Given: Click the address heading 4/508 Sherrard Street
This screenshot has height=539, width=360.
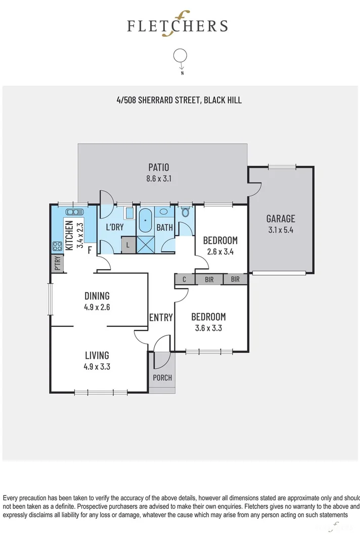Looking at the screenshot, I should pyautogui.click(x=179, y=100).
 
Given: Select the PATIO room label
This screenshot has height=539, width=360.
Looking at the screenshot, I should pyautogui.click(x=158, y=167).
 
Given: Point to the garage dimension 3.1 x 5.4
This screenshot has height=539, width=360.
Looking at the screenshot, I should pyautogui.click(x=281, y=229).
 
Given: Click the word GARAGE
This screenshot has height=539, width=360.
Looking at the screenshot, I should pyautogui.click(x=281, y=219).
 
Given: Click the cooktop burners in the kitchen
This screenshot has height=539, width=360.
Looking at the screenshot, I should pyautogui.click(x=56, y=247).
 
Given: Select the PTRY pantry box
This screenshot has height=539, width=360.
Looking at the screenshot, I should pyautogui.click(x=56, y=264).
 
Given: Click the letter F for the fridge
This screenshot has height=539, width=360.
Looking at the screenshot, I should pyautogui.click(x=90, y=250).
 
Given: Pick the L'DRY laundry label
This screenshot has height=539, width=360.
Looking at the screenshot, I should pyautogui.click(x=114, y=227).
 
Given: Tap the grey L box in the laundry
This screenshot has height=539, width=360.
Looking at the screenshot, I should pyautogui.click(x=128, y=246).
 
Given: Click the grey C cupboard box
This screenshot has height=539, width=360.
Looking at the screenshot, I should pyautogui.click(x=185, y=279).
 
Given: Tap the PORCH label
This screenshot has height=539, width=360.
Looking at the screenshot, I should pyautogui.click(x=162, y=377).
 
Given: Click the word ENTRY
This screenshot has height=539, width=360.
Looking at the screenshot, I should pyautogui.click(x=161, y=318).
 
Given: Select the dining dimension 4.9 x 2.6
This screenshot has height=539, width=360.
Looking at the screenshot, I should pyautogui.click(x=97, y=307).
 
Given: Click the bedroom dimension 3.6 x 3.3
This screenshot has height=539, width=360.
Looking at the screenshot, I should pyautogui.click(x=208, y=327).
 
